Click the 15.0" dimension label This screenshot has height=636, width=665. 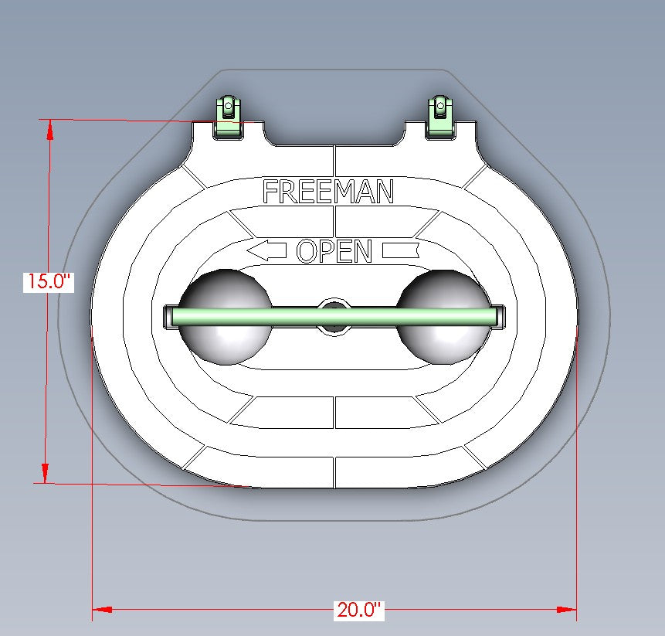(49, 281)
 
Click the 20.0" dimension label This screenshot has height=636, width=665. (359, 610)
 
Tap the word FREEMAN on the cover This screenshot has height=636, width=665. (327, 192)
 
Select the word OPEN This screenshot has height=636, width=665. (334, 250)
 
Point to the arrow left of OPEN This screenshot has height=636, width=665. (266, 250)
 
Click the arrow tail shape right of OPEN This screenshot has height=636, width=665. (401, 250)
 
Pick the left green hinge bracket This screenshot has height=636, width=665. (228, 117)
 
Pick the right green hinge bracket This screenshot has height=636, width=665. (441, 117)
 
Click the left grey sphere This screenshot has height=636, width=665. (226, 317)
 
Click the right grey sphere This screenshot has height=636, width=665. (443, 317)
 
